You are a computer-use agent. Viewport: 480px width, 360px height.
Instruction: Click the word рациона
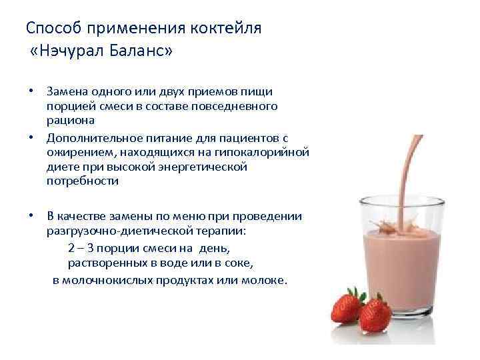click(x=71, y=120)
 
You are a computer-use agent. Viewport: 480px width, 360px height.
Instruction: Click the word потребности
click(x=83, y=181)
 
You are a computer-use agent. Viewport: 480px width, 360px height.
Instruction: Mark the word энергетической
click(x=203, y=167)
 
